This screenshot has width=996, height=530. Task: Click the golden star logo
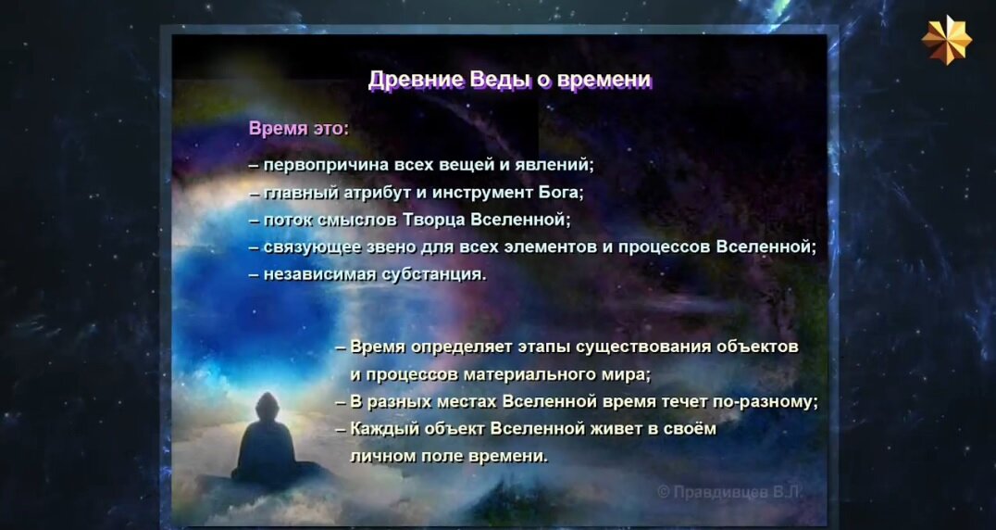tap(946, 40)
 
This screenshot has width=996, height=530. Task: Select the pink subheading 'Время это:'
tap(299, 129)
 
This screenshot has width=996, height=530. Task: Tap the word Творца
tap(434, 220)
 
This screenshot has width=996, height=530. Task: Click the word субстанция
tap(435, 274)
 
